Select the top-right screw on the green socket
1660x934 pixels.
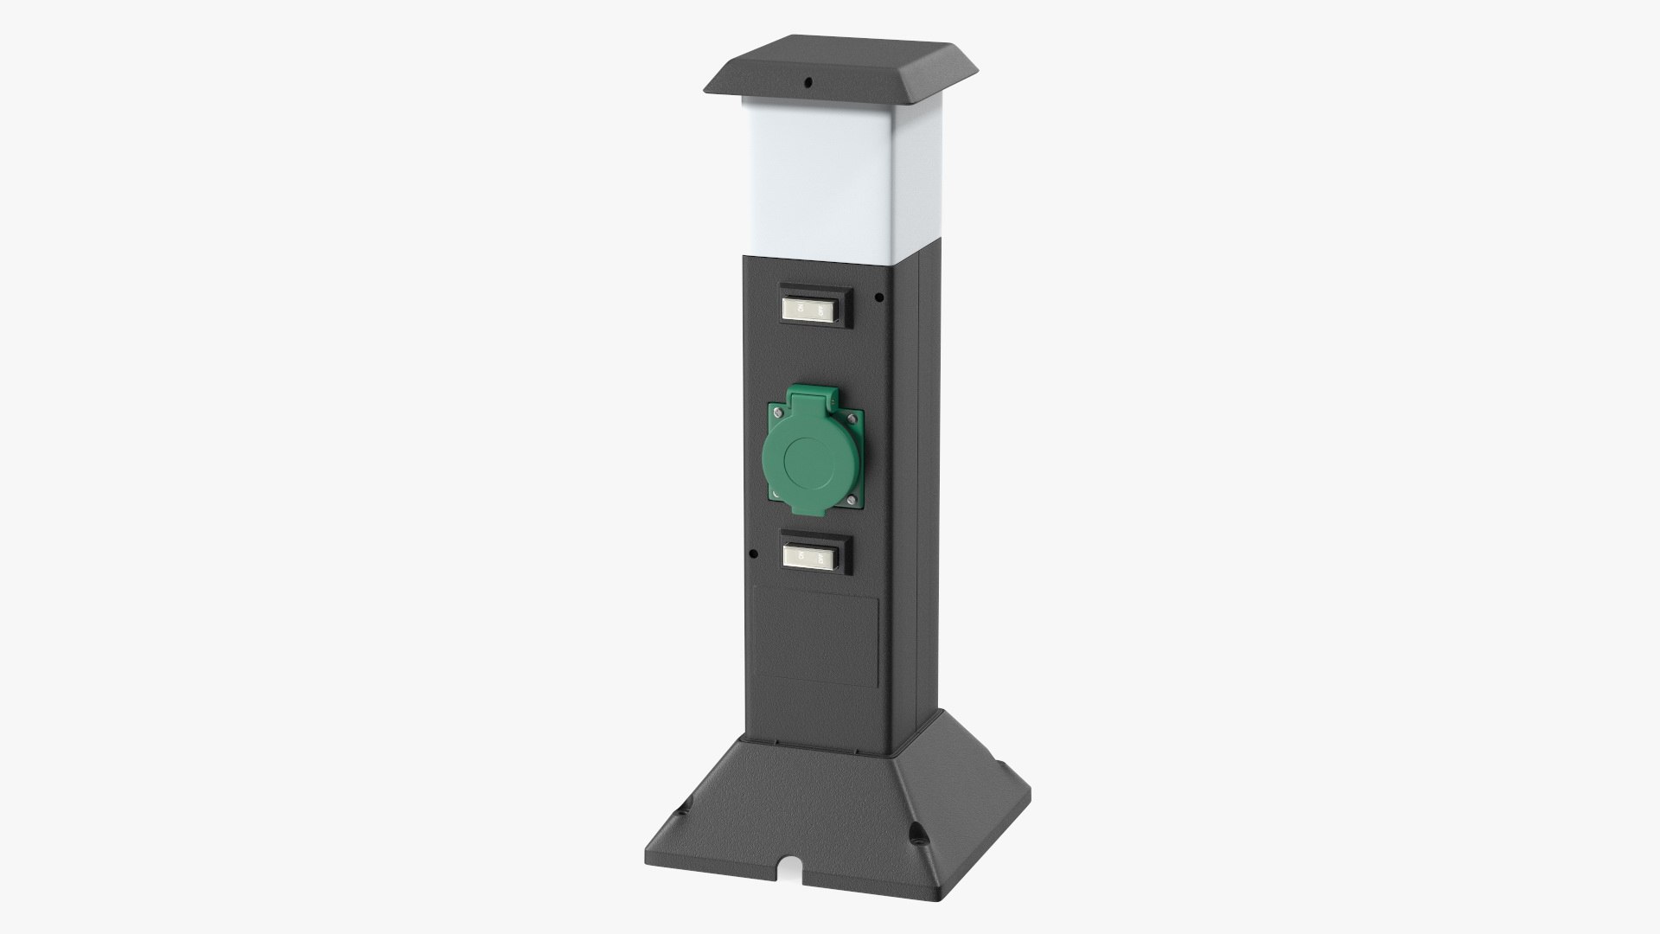click(x=852, y=419)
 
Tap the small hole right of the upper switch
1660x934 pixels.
click(x=879, y=297)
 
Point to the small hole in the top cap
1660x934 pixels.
click(x=808, y=84)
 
